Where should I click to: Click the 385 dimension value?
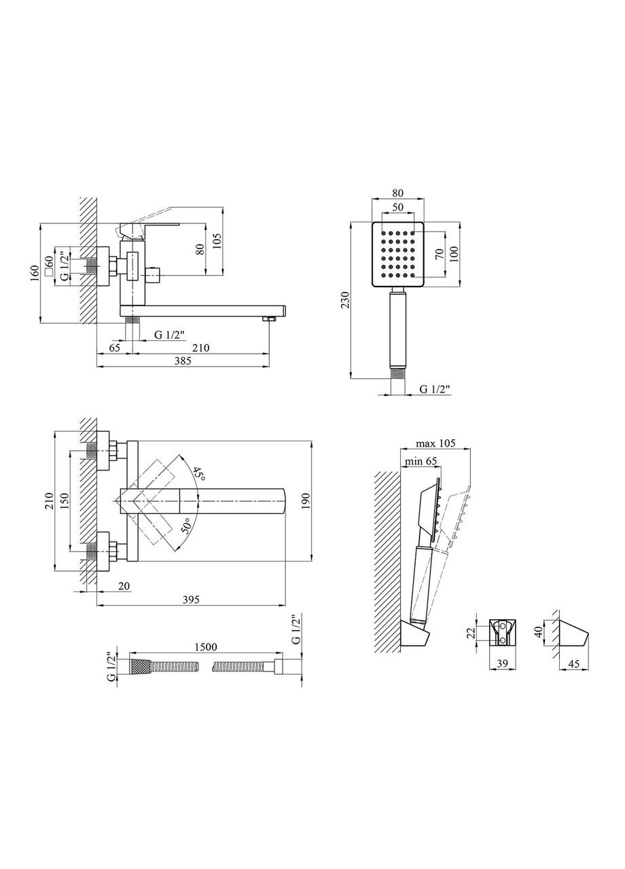point(182,361)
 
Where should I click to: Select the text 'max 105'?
point(435,443)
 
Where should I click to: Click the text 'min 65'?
point(421,461)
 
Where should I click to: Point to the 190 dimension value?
point(306,502)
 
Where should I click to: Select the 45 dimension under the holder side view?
point(573,665)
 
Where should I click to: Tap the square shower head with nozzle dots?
point(398,255)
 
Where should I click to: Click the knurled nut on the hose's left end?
point(139,667)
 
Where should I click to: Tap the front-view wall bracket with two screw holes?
point(502,632)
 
